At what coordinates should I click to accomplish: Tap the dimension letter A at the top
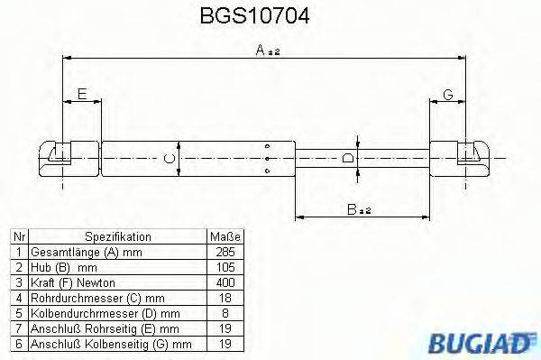[x=260, y=52]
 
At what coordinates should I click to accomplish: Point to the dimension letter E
[x=82, y=93]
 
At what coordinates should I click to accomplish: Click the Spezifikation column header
[x=117, y=236]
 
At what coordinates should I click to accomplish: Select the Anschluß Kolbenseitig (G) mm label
[x=111, y=344]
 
